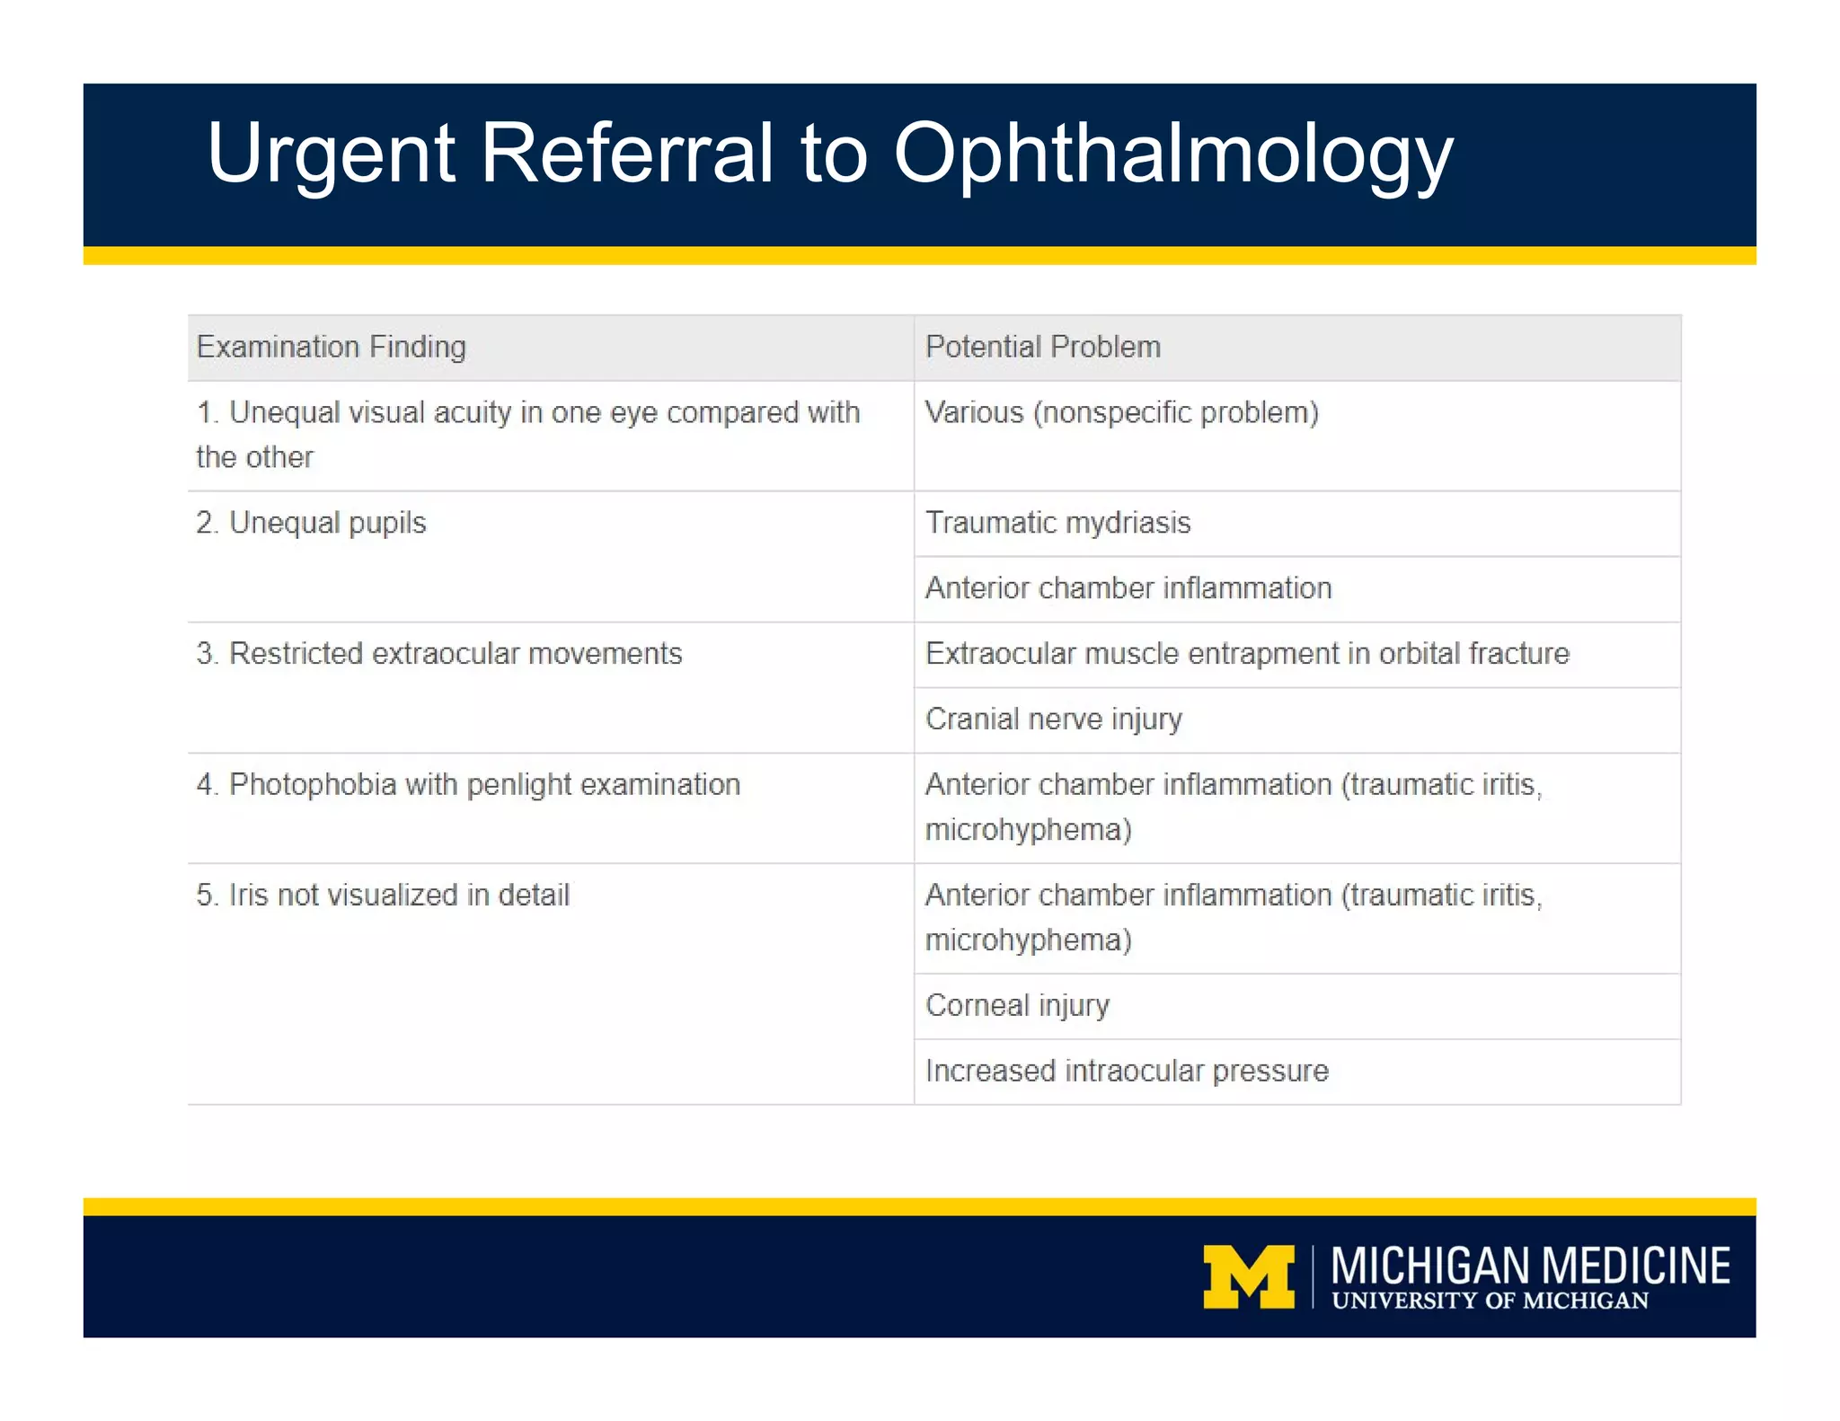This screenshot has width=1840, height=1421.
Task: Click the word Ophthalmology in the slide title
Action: [1172, 154]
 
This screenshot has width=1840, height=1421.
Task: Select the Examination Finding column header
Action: [332, 347]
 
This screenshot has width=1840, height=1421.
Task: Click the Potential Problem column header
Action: [1042, 347]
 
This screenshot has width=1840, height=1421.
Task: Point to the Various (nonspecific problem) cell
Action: [1121, 412]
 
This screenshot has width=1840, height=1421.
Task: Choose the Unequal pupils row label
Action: [312, 523]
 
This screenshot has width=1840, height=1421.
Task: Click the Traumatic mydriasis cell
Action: [1057, 523]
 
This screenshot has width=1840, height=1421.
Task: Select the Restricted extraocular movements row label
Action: [439, 654]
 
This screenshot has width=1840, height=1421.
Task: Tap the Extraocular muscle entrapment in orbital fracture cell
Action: [1247, 654]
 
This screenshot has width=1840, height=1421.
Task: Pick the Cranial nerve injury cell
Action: [1053, 719]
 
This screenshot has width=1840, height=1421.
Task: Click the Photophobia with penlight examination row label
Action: [468, 785]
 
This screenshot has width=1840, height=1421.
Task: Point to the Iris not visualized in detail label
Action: [383, 896]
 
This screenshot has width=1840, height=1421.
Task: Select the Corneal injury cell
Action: [1017, 1006]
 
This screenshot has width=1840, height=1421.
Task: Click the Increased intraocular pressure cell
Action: [1127, 1072]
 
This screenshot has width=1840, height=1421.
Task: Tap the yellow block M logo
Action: [1249, 1276]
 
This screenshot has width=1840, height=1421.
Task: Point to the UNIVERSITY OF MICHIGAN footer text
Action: [1490, 1302]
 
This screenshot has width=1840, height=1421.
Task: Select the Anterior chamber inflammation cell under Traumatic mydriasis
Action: [1128, 588]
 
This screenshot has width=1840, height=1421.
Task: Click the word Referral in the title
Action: [626, 154]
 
